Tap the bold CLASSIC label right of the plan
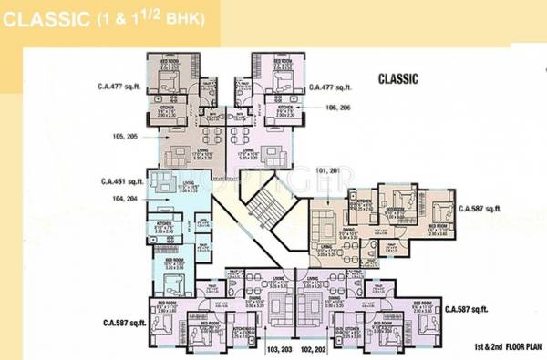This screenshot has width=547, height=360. [397, 79]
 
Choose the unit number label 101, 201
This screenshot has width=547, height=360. [325, 170]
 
